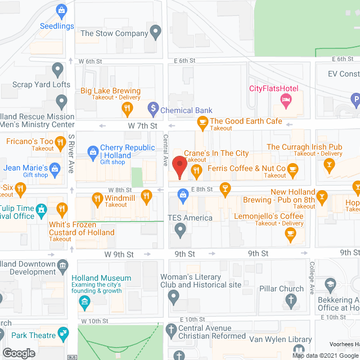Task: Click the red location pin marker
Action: pyautogui.click(x=179, y=167)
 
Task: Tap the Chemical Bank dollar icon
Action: pyautogui.click(x=152, y=107)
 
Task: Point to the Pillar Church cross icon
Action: pyautogui.click(x=291, y=301)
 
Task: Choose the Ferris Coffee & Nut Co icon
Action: pyautogui.click(x=292, y=168)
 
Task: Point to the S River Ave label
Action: pyautogui.click(x=71, y=153)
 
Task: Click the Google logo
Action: pyautogui.click(x=19, y=353)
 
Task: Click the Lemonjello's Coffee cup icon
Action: pyautogui.click(x=290, y=236)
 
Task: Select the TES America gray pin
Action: pyautogui.click(x=180, y=229)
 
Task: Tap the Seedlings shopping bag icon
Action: pyautogui.click(x=61, y=10)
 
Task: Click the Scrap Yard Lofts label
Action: pyautogui.click(x=42, y=85)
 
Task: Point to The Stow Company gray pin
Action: pyautogui.click(x=156, y=34)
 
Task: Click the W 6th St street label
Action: pyautogui.click(x=90, y=61)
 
